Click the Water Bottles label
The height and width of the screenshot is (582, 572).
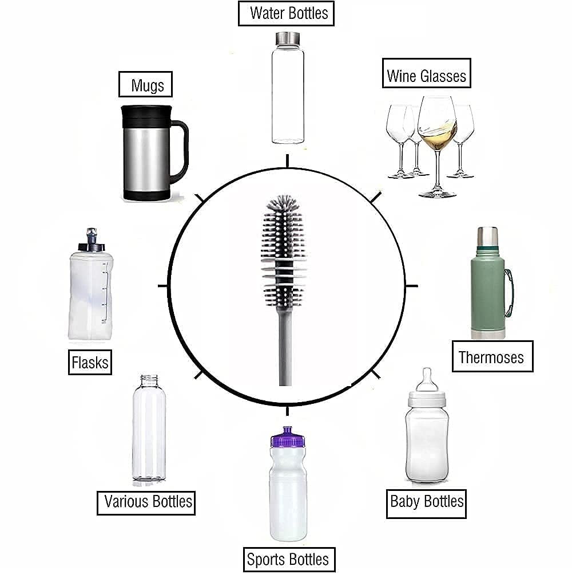[285, 14]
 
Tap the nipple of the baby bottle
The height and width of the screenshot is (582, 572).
[426, 379]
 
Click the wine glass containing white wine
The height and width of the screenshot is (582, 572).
[437, 123]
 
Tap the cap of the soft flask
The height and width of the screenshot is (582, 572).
[90, 241]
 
